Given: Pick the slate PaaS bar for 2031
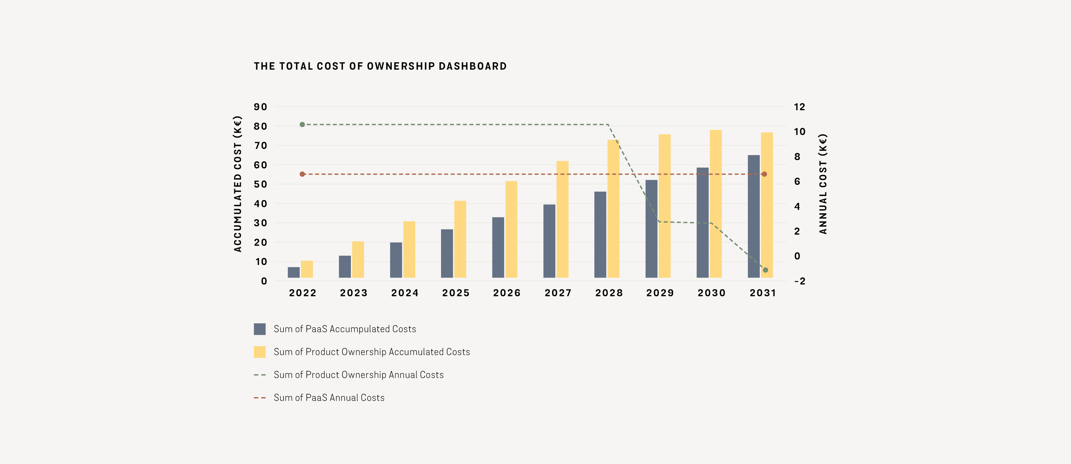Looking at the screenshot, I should click(x=753, y=216).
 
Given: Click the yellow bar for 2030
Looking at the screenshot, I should click(x=715, y=203).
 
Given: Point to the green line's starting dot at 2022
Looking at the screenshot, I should click(x=302, y=125).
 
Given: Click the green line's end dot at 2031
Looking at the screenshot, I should click(x=765, y=270).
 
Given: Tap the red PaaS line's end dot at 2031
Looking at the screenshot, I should click(x=764, y=174).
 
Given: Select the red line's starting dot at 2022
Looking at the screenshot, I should click(x=302, y=174).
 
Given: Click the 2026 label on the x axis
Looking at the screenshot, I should click(x=507, y=293).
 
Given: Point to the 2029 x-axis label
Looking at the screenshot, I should click(x=660, y=293).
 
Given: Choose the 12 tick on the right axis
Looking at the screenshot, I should click(x=799, y=107).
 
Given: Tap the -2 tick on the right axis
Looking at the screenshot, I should click(x=799, y=281).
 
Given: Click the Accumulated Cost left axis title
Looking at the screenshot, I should click(x=237, y=184).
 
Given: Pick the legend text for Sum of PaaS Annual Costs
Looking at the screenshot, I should click(x=329, y=398).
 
